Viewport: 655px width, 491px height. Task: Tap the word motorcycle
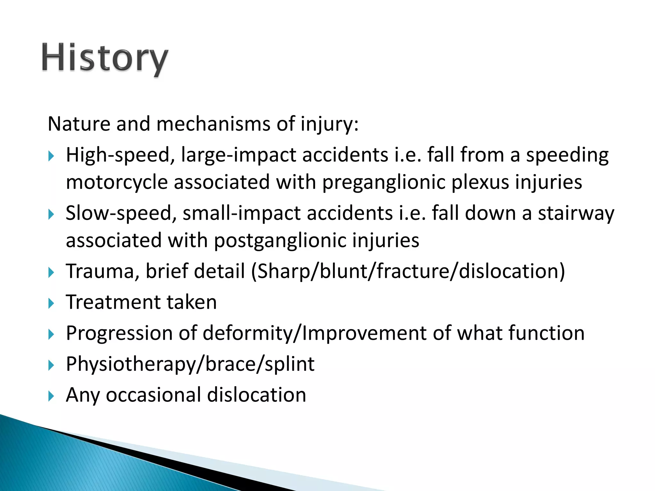coord(117,183)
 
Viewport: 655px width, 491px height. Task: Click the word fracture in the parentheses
coord(413,271)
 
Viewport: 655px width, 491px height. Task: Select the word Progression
coord(119,333)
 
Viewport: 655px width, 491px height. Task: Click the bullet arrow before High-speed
coord(51,156)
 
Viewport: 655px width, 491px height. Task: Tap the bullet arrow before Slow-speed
coord(51,214)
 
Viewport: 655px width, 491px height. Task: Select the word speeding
coord(567,156)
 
